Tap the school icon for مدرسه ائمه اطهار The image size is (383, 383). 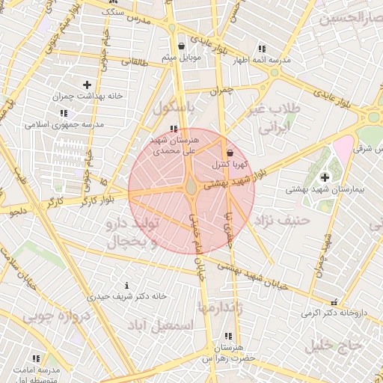pyautogui.click(x=261, y=48)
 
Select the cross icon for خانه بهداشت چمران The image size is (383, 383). pyautogui.click(x=88, y=85)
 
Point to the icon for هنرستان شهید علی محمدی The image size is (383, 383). pyautogui.click(x=174, y=129)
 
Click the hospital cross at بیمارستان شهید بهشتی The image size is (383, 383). pyautogui.click(x=324, y=177)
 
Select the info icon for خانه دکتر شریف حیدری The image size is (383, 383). pyautogui.click(x=126, y=285)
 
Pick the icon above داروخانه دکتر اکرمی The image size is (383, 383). pyautogui.click(x=334, y=302)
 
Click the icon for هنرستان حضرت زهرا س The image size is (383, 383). pyautogui.click(x=227, y=337)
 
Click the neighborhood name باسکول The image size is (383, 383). pyautogui.click(x=174, y=108)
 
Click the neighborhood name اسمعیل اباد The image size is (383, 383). pyautogui.click(x=160, y=326)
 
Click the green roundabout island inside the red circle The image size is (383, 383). pyautogui.click(x=191, y=187)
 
